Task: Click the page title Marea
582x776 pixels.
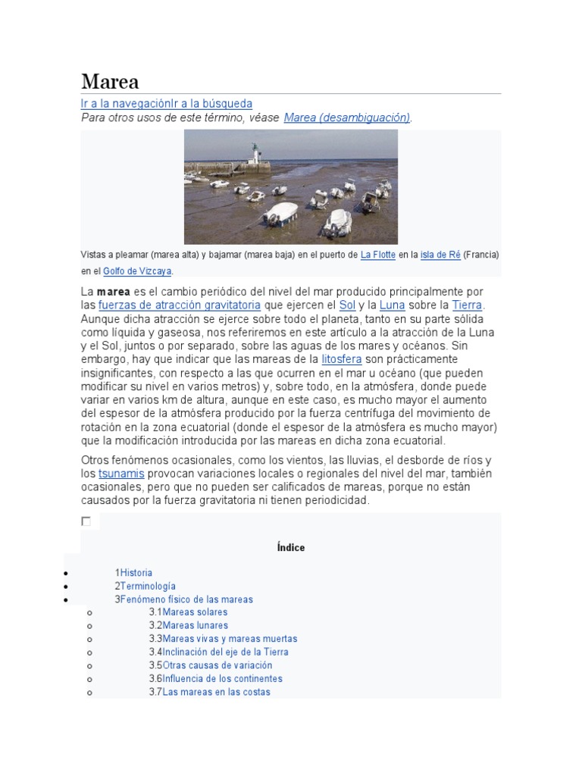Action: coord(110,81)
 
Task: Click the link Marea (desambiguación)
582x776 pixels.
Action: coord(347,117)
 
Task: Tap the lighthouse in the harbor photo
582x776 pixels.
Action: coord(255,156)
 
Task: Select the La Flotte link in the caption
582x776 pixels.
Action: coord(378,255)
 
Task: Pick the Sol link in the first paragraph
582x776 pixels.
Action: coord(347,305)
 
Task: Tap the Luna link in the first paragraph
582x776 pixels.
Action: coord(391,305)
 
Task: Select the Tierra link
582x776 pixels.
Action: coord(467,305)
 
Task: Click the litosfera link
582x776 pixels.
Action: coord(342,359)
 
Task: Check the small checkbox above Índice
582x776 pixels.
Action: coord(86,521)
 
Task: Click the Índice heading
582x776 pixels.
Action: coord(291,547)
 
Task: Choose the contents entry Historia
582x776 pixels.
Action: coord(136,573)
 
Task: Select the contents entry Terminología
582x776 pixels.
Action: coord(148,586)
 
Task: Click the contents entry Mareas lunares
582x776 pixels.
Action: coord(195,625)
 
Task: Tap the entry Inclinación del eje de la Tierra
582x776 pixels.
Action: coord(225,652)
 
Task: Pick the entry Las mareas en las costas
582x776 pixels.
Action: coord(216,692)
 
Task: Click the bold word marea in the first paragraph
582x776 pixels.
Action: coord(113,292)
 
